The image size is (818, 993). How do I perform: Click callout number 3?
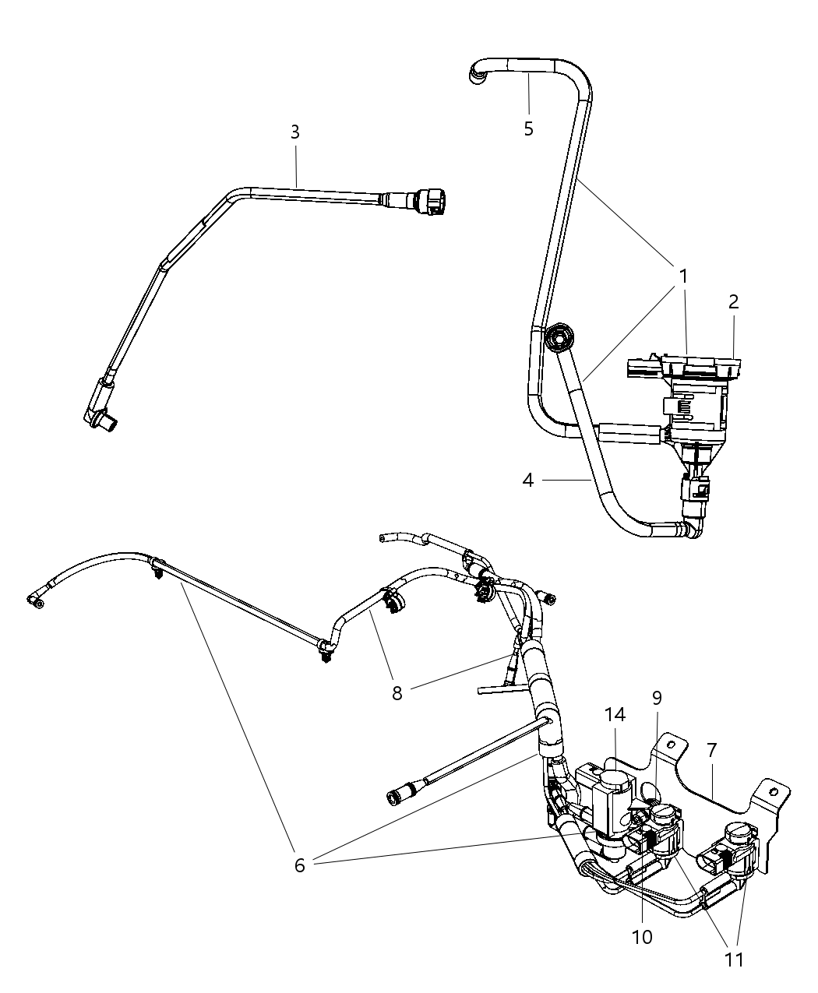click(x=294, y=132)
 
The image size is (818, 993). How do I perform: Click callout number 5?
click(x=528, y=129)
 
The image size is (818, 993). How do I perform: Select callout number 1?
click(x=683, y=276)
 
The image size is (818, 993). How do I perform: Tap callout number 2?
click(x=733, y=301)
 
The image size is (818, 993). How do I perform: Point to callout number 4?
click(x=528, y=481)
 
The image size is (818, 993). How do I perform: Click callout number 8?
click(x=397, y=693)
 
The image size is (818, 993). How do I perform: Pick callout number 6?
click(x=300, y=864)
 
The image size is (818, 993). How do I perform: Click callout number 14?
click(x=615, y=714)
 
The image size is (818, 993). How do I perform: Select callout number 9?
click(x=657, y=698)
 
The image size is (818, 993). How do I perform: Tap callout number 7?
click(x=711, y=750)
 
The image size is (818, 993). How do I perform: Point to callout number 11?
click(x=733, y=959)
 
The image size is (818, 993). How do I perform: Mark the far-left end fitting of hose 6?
click(x=35, y=598)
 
